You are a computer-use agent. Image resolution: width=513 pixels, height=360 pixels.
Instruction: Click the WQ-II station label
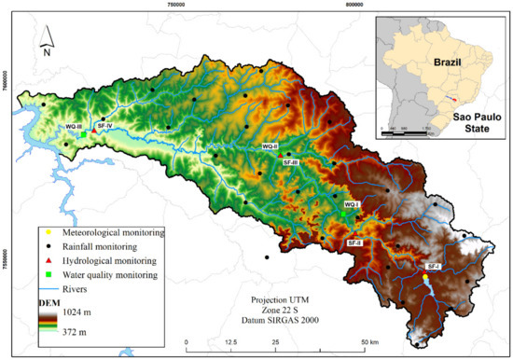click(270, 146)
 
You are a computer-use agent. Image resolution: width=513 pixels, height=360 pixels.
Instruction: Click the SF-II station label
click(354, 242)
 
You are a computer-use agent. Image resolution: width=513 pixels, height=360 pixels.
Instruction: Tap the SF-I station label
click(432, 267)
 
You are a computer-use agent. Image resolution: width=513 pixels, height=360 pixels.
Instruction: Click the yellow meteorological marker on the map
click(424, 277)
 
